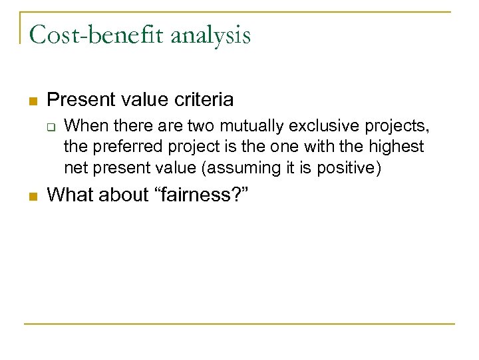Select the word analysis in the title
(x=211, y=34)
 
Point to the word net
(x=75, y=169)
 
